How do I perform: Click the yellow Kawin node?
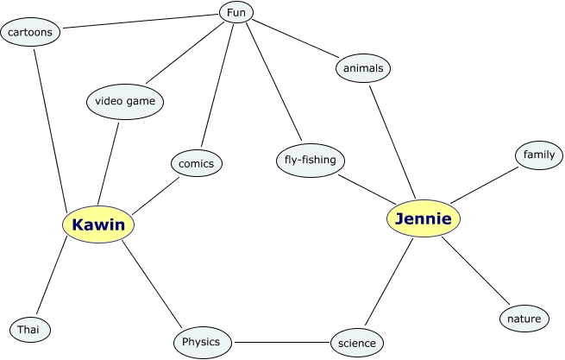tap(98, 224)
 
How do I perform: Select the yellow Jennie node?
tap(423, 219)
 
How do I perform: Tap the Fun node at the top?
tap(235, 13)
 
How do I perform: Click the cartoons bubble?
tap(31, 33)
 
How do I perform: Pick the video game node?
tap(124, 102)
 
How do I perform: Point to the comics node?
tap(197, 162)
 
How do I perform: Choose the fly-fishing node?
tap(311, 160)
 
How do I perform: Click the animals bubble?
tap(362, 67)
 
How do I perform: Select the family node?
tap(539, 155)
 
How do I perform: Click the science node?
tap(357, 343)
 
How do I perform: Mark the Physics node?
tap(201, 341)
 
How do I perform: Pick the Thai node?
tap(30, 329)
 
